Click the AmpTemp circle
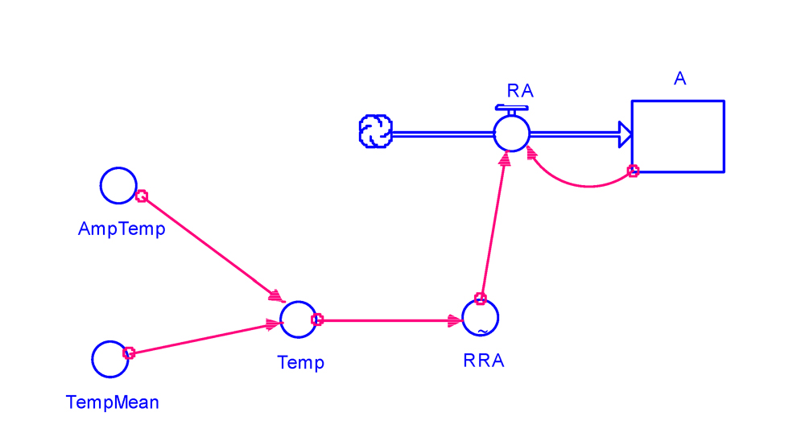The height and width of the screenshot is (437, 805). pyautogui.click(x=118, y=186)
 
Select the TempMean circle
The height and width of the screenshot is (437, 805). pyautogui.click(x=109, y=359)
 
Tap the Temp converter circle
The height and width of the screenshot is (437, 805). pyautogui.click(x=297, y=320)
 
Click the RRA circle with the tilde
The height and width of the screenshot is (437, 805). pyautogui.click(x=481, y=319)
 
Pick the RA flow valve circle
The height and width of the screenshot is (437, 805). pyautogui.click(x=511, y=133)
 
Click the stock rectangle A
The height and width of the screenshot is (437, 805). pyautogui.click(x=678, y=136)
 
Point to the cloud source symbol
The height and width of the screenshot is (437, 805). pyautogui.click(x=375, y=132)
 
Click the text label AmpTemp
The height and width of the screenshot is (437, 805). pyautogui.click(x=122, y=229)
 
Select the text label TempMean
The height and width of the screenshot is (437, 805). pyautogui.click(x=112, y=402)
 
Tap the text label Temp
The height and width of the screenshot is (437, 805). pyautogui.click(x=300, y=363)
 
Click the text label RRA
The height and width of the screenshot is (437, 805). pyautogui.click(x=484, y=361)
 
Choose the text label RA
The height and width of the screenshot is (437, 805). pyautogui.click(x=520, y=90)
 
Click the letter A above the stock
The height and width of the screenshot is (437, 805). pyautogui.click(x=680, y=78)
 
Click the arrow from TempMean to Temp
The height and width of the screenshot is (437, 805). pyautogui.click(x=201, y=338)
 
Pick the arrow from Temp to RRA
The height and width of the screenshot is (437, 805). pyautogui.click(x=390, y=320)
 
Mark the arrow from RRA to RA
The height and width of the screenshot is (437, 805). pyautogui.click(x=493, y=227)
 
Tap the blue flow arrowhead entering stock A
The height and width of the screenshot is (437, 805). pyautogui.click(x=624, y=134)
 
